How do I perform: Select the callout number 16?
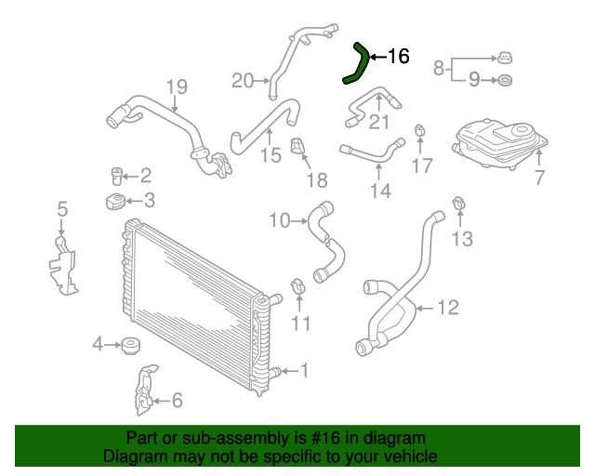[397, 58]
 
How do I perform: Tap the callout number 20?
[242, 81]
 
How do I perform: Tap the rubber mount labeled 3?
[114, 202]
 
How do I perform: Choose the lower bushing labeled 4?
[131, 349]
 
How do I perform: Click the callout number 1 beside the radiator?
[304, 371]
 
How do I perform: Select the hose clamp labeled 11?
[298, 287]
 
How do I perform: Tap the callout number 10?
[279, 220]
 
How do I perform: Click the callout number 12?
[447, 307]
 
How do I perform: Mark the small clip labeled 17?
[420, 129]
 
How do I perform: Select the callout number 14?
[380, 191]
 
